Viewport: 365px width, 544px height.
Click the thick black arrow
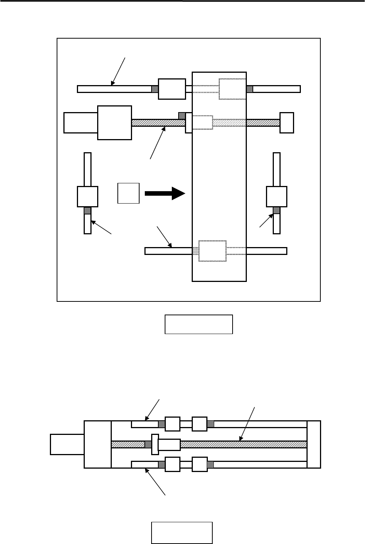(x=165, y=193)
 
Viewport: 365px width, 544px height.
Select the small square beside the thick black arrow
(x=129, y=193)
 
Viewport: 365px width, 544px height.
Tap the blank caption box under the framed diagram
(x=199, y=324)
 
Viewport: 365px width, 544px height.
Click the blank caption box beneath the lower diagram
(x=182, y=532)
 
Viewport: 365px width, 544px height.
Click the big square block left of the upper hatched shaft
(x=114, y=123)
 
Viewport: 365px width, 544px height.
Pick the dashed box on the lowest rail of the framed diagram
(x=212, y=251)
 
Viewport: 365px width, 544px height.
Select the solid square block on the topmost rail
(x=172, y=89)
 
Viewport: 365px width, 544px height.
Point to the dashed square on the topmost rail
(x=232, y=89)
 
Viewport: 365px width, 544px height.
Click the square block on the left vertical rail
(x=87, y=196)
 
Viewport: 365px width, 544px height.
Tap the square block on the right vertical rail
(x=276, y=196)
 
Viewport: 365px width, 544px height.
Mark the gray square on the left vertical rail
(x=87, y=210)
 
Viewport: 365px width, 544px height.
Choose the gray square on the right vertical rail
(x=276, y=210)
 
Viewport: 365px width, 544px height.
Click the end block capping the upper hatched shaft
(x=287, y=123)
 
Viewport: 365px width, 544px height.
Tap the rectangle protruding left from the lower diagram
(x=67, y=444)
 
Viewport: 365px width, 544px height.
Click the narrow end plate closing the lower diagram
(x=314, y=444)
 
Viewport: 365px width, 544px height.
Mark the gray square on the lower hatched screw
(x=148, y=444)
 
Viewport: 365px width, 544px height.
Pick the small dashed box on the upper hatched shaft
(x=203, y=123)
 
